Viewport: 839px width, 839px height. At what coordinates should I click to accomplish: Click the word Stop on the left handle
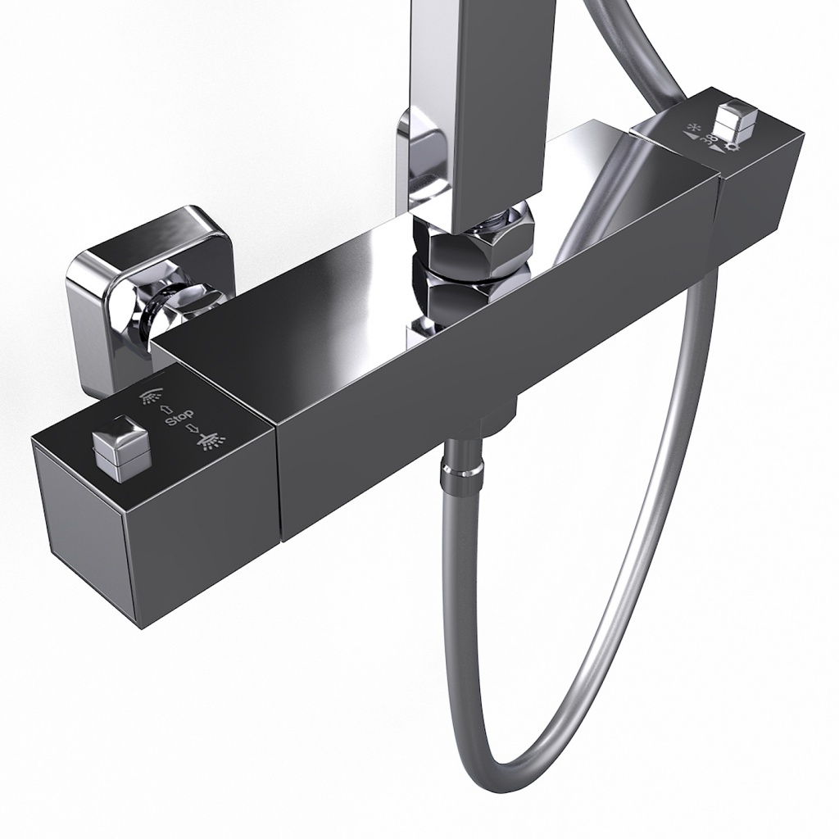point(179,419)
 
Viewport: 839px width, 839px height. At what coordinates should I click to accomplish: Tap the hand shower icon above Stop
point(149,397)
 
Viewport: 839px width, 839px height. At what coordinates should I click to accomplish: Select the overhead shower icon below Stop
point(211,442)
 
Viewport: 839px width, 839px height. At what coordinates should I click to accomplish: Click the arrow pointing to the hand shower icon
point(166,409)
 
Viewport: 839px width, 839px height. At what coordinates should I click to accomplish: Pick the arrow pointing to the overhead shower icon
point(193,429)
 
